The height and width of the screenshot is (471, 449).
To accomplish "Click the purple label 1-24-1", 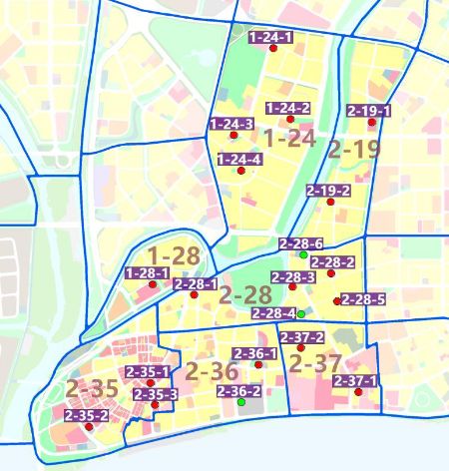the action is (x=270, y=37).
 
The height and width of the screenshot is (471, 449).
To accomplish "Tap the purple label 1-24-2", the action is (x=288, y=108).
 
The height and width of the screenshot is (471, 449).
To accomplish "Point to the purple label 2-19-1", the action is (x=369, y=110).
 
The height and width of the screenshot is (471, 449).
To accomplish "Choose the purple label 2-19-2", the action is (x=328, y=191).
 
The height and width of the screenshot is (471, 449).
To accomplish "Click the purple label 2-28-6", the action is (x=300, y=243).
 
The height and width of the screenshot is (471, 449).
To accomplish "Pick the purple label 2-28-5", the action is (x=363, y=298).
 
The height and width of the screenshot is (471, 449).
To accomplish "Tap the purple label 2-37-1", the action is (x=355, y=380).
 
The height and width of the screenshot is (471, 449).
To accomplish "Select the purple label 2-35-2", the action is (x=86, y=414).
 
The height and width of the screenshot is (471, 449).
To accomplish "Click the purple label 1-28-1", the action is (x=147, y=272).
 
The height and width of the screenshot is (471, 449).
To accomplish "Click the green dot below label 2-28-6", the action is (x=302, y=255).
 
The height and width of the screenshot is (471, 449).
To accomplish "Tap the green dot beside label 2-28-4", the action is (x=300, y=314).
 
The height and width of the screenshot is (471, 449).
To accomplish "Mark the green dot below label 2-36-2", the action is (x=240, y=402).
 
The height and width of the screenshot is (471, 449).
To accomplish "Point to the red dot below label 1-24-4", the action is (x=240, y=172).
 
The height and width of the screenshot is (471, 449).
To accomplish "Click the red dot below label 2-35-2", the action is (x=89, y=426).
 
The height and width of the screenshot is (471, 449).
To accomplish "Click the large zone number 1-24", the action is (x=289, y=138).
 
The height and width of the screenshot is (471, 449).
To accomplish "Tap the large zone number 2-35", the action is (x=92, y=387).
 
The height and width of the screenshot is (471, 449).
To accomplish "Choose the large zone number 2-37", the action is (x=314, y=362).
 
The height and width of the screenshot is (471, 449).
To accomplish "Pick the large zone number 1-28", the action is (x=174, y=255).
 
